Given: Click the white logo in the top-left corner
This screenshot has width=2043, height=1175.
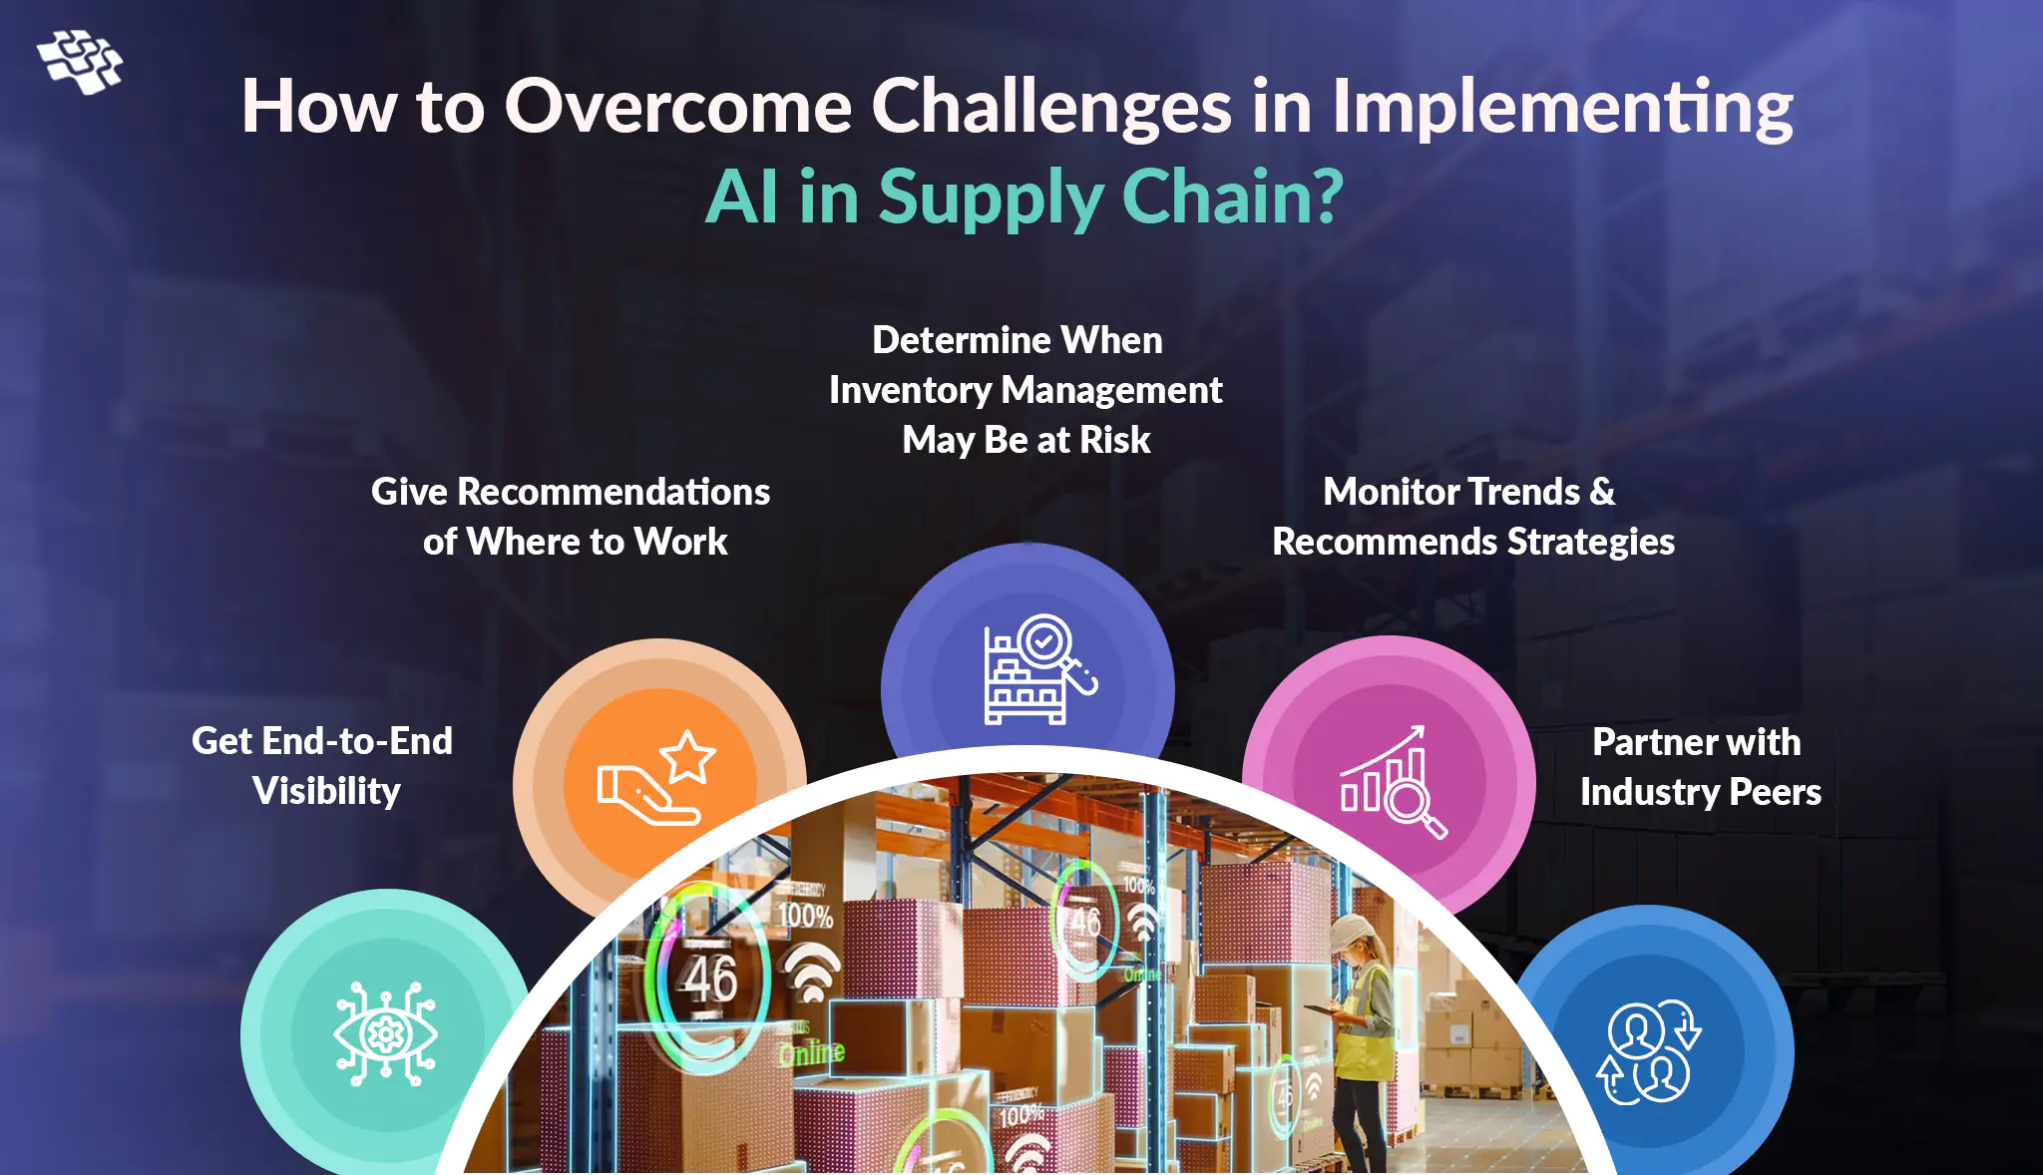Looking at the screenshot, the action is [80, 62].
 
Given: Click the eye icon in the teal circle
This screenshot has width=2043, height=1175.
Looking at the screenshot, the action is [385, 1033].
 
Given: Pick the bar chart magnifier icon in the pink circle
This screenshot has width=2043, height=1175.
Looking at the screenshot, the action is [1394, 782].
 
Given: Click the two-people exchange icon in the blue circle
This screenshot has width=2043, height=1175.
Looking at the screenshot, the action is [1649, 1052].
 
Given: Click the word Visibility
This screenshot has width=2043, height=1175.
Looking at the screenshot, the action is [326, 791].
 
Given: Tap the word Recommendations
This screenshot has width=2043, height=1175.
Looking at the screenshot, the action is [613, 492].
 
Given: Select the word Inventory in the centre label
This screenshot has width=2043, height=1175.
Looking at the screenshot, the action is [910, 391].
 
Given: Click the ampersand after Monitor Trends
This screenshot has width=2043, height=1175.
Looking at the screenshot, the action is [1602, 492].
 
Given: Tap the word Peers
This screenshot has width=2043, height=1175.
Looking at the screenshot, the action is [1775, 792].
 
